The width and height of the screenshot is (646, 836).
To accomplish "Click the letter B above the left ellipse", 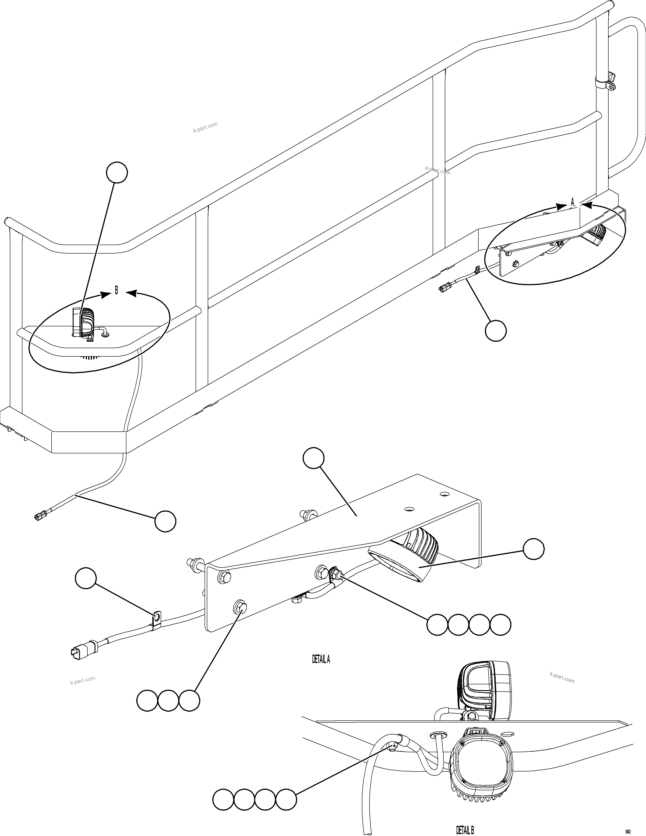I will coord(117,291).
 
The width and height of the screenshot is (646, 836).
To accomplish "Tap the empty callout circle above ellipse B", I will coord(117,173).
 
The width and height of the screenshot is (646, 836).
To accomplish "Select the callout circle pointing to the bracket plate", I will coord(313,458).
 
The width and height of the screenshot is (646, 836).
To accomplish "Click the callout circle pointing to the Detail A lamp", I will coord(534,549).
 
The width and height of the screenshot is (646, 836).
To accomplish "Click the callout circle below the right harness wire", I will coord(495,330).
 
